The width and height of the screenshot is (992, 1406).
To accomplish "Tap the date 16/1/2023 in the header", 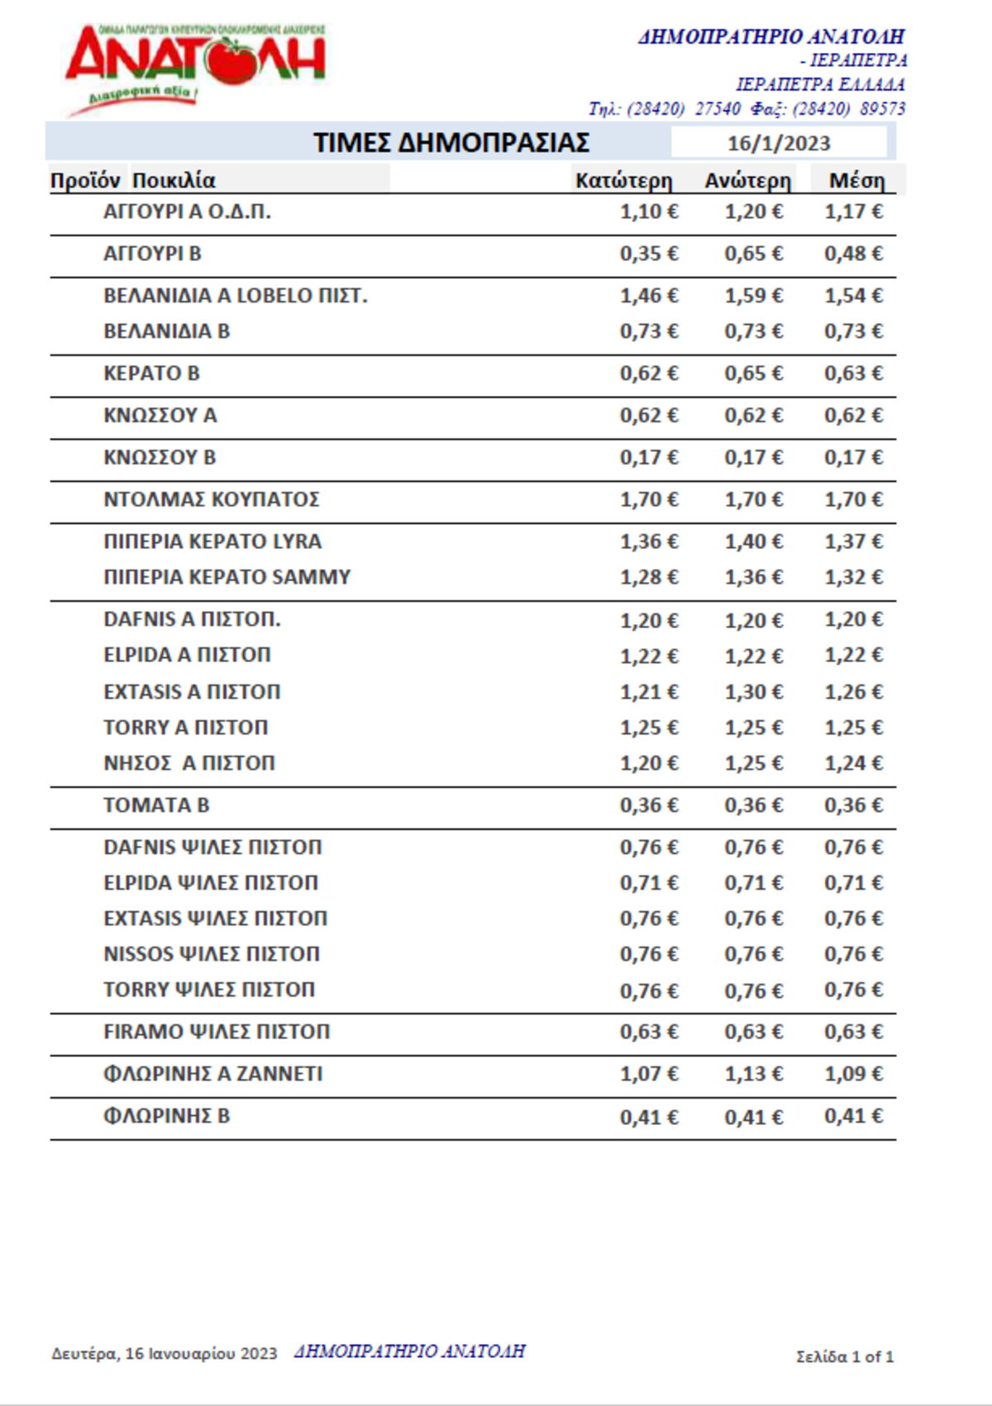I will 778,143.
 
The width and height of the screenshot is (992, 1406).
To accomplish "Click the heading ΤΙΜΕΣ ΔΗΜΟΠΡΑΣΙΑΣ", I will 451,143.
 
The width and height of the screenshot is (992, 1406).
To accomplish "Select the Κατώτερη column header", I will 623,181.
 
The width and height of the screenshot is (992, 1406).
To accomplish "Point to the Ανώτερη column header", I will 747,181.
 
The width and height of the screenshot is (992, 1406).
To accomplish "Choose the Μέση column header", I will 856,181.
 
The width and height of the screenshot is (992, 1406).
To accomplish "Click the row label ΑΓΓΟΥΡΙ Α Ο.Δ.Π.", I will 187,212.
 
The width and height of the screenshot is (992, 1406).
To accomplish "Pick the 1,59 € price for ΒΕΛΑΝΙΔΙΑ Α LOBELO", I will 753,296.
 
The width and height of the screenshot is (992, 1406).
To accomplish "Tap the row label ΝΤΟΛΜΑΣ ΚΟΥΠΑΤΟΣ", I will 211,499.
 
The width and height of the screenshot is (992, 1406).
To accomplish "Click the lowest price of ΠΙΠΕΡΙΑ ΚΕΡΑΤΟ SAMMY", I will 649,577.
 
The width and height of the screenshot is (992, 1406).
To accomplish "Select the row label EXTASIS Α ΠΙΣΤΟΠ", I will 192,692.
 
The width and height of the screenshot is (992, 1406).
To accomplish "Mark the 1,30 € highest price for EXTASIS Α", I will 753,692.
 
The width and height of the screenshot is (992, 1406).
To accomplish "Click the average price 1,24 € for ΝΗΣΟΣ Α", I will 853,763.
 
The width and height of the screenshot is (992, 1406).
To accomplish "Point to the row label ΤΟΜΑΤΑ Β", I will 156,805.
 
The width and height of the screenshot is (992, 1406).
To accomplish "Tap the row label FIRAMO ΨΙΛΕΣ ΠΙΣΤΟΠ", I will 217,1032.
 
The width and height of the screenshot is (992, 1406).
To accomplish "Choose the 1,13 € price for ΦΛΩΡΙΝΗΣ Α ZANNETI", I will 753,1074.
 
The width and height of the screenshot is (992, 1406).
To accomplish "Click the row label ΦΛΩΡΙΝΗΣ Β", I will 166,1116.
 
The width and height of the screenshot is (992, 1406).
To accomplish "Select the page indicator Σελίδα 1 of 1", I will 845,1356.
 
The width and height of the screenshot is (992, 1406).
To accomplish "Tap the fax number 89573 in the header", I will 882,109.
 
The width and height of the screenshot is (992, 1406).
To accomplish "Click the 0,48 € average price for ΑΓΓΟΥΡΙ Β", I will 853,254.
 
